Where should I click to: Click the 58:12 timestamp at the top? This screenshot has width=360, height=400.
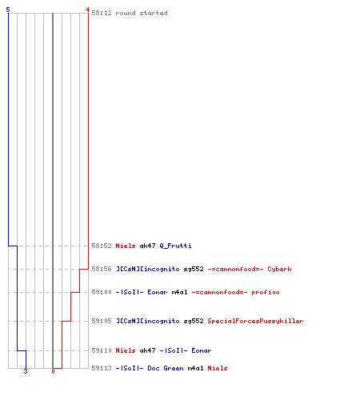coord(102,13)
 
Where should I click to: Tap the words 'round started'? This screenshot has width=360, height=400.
coord(142,13)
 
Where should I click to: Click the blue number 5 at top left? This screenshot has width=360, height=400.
coord(8,10)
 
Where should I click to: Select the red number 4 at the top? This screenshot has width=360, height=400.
coord(87,10)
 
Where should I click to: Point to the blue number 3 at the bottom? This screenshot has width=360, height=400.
coord(26,371)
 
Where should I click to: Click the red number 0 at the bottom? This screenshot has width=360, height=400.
coord(53,371)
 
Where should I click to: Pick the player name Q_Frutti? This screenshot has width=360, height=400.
coord(175,246)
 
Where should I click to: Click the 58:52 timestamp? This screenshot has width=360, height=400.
coord(102,246)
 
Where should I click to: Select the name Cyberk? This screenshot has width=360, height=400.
coord(279,269)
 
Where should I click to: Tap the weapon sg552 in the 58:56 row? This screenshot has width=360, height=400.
coord(194,269)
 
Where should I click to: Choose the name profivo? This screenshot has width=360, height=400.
coord(266,292)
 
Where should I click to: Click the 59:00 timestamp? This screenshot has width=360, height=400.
coord(102,292)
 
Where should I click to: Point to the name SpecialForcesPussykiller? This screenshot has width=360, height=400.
coord(255,321)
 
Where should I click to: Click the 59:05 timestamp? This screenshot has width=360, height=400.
coord(102,321)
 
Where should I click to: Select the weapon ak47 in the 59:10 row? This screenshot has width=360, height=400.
coord(147,350)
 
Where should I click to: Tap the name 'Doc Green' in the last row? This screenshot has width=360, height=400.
coord(166,368)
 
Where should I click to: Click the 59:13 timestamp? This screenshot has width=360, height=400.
coord(102,368)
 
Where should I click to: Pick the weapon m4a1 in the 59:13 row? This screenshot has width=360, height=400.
coord(195,368)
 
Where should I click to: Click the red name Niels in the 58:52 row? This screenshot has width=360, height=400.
coord(126,246)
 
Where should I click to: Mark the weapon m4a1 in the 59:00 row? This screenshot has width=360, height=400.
coord(179,292)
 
